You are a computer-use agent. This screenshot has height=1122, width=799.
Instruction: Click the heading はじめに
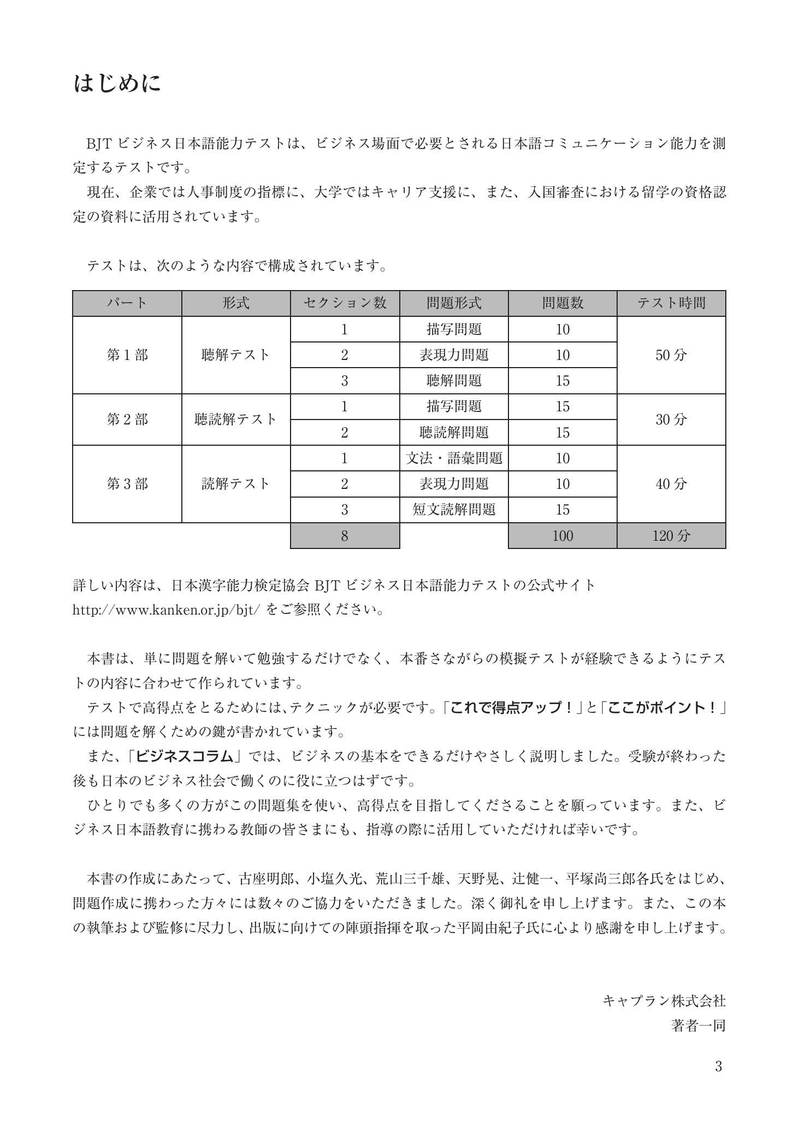[x=117, y=84]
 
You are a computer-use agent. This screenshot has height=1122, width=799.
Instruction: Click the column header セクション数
[x=345, y=303]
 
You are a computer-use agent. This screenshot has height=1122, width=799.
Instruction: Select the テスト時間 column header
[x=671, y=303]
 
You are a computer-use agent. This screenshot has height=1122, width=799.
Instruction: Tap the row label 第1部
[x=127, y=355]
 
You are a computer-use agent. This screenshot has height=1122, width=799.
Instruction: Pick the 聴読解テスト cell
[x=236, y=420]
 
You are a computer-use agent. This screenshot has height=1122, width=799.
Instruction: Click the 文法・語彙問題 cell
[x=454, y=458]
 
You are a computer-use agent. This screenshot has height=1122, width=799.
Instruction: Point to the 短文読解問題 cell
[x=454, y=510]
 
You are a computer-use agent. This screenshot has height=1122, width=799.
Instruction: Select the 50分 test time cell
[x=671, y=355]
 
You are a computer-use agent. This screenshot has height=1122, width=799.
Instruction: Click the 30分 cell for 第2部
[x=671, y=420]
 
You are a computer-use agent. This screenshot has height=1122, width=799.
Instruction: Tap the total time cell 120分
[x=671, y=535]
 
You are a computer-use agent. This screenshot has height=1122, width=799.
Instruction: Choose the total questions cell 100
[x=563, y=535]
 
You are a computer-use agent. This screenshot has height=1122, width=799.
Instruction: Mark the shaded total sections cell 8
[x=345, y=535]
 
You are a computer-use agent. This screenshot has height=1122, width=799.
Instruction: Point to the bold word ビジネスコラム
[x=185, y=756]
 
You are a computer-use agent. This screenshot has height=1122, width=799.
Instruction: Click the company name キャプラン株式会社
[x=664, y=1001]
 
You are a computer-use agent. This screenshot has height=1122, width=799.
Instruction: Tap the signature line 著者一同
[x=698, y=1025]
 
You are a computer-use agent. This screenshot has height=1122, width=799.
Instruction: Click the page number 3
[x=718, y=1066]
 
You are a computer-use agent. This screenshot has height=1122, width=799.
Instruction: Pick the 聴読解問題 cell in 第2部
[x=454, y=433]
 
